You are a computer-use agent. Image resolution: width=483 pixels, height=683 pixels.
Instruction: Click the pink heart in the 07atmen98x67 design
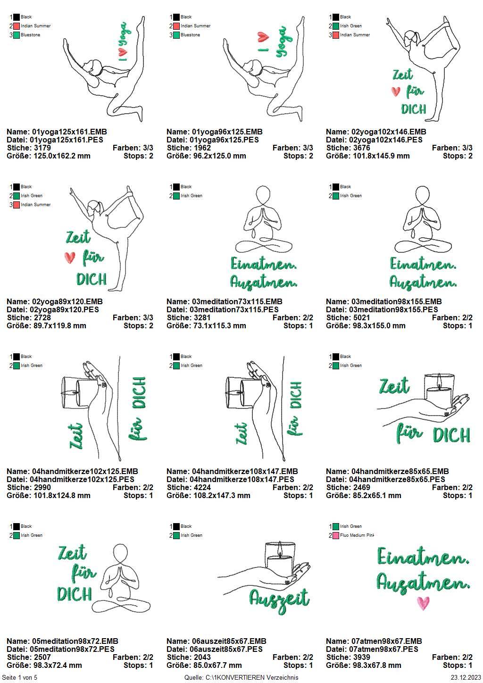tap(423, 603)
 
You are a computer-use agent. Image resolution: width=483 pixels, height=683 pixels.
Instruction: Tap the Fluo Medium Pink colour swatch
tap(336, 535)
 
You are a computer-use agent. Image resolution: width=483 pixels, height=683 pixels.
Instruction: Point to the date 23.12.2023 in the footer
tap(466, 677)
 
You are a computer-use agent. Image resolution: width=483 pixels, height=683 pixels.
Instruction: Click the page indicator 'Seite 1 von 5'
tap(19, 677)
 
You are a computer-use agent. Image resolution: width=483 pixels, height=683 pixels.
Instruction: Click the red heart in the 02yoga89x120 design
tap(70, 258)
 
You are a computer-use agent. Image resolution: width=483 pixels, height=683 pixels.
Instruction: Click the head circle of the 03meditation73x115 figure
tap(263, 193)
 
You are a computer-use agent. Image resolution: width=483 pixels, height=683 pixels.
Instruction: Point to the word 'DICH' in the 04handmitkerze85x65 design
tap(451, 435)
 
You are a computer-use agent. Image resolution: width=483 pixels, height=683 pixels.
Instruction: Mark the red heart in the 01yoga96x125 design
tap(263, 37)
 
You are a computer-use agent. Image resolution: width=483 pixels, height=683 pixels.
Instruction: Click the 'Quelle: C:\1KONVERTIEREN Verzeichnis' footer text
tap(241, 677)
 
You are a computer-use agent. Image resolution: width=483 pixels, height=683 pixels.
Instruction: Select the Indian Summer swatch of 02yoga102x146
tap(336, 35)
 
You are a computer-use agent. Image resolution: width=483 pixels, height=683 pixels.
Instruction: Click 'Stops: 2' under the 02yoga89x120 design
tap(138, 325)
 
